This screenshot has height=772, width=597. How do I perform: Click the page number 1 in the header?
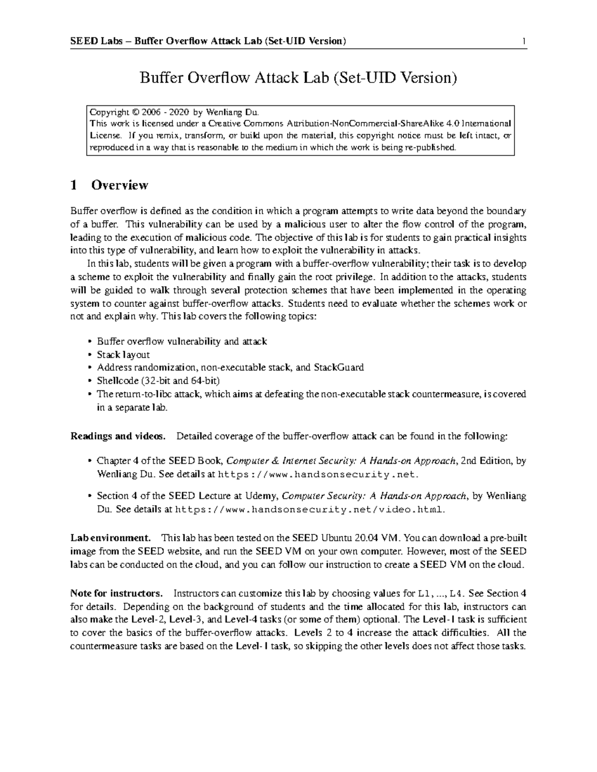524,41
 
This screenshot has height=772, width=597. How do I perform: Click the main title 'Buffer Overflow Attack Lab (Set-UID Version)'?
298,78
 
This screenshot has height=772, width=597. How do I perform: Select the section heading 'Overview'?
119,185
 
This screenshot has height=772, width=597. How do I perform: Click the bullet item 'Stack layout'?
123,354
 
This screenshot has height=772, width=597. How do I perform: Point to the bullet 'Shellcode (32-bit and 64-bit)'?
158,381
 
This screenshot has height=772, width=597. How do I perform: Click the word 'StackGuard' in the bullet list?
338,367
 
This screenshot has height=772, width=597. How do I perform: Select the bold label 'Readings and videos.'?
117,436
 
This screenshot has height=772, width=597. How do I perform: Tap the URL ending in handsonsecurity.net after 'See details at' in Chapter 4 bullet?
316,474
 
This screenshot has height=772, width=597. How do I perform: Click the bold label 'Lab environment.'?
110,538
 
